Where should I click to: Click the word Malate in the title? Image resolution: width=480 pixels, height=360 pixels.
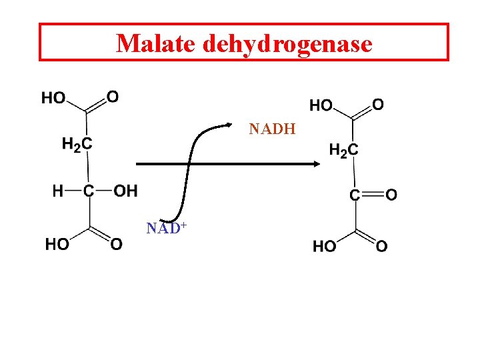[x=156, y=43]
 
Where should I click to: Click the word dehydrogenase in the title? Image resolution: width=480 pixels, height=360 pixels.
[x=287, y=44]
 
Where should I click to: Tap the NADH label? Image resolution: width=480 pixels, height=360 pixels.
[x=272, y=129]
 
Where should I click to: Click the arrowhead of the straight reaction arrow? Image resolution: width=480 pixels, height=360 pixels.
[x=317, y=164]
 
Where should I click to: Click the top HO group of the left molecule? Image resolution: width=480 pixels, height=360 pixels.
[x=53, y=98]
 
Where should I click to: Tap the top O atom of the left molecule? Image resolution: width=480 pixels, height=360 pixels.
[x=113, y=97]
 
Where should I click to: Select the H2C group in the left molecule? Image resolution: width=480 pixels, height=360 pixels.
[x=77, y=143]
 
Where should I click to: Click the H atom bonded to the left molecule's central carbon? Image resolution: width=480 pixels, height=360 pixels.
[x=58, y=191]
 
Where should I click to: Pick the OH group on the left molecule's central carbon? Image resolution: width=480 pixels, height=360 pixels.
[x=125, y=191]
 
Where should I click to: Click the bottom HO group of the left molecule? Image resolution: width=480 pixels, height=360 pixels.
[x=57, y=244]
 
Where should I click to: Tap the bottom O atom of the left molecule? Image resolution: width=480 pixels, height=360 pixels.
[x=117, y=244]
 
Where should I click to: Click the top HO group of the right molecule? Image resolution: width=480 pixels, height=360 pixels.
[x=322, y=105]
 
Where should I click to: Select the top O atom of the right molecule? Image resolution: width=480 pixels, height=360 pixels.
[x=378, y=105]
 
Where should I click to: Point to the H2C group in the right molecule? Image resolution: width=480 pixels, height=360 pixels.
[x=343, y=150]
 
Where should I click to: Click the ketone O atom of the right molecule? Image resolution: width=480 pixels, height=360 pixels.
[x=391, y=195]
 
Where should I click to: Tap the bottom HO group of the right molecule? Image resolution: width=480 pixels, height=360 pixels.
[x=325, y=247]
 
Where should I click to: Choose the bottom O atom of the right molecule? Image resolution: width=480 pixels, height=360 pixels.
[x=382, y=247]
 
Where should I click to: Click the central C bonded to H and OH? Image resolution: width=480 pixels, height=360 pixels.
[x=89, y=191]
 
